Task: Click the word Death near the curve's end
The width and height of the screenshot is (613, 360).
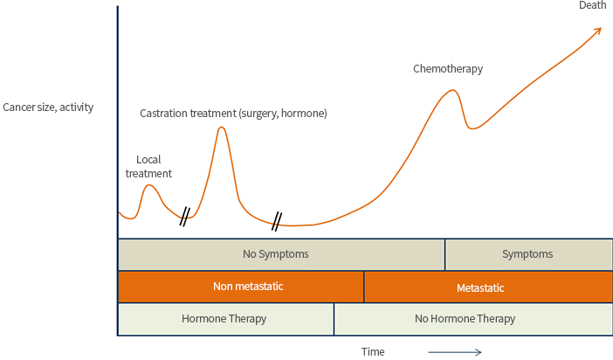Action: click(592, 5)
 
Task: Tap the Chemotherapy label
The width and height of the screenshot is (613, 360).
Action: click(448, 69)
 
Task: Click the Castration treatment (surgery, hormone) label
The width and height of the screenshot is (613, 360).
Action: click(233, 114)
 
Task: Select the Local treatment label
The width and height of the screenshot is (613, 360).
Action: click(148, 166)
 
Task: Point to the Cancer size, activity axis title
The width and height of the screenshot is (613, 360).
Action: click(48, 107)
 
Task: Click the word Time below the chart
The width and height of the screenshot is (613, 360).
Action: click(373, 352)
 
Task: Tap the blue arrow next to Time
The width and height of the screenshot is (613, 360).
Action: click(455, 352)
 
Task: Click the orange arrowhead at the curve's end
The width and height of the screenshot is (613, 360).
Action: click(599, 30)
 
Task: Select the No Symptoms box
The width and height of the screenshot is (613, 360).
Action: click(281, 254)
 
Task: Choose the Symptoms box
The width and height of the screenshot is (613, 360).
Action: click(528, 254)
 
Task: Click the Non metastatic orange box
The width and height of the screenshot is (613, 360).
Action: click(241, 287)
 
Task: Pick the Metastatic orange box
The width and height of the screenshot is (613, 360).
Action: click(488, 287)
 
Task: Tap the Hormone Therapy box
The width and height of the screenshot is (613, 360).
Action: click(226, 319)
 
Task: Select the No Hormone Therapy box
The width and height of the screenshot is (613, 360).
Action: click(473, 319)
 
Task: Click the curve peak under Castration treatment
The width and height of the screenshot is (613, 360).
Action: click(221, 128)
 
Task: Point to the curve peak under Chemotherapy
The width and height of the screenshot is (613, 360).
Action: click(452, 90)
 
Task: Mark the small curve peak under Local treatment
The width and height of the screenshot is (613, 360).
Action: click(149, 185)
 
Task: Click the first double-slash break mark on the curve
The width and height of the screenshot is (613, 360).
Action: click(185, 217)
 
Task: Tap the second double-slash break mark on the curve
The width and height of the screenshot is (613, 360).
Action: click(277, 221)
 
